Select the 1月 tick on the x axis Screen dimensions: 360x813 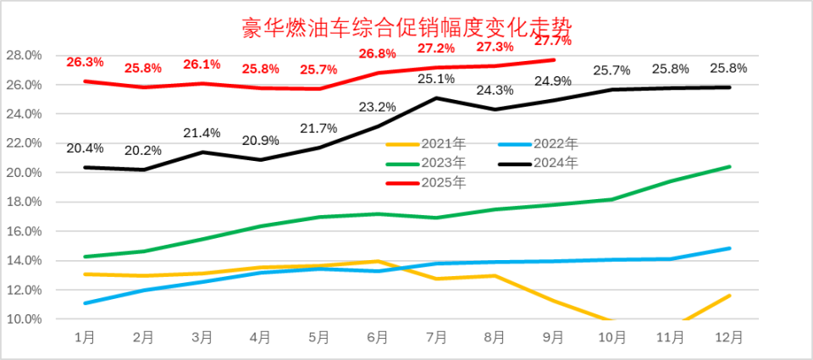(85, 337)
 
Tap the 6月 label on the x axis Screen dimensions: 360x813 (378, 337)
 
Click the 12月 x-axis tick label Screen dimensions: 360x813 (729, 337)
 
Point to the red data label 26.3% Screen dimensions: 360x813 (85, 62)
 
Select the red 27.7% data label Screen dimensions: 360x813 (553, 40)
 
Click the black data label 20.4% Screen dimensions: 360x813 (85, 148)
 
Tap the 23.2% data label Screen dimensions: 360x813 (378, 107)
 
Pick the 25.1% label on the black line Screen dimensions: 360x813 (437, 79)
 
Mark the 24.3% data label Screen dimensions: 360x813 (495, 90)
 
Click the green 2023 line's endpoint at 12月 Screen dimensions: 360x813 (729, 167)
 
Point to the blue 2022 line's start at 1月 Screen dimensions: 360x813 (85, 302)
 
